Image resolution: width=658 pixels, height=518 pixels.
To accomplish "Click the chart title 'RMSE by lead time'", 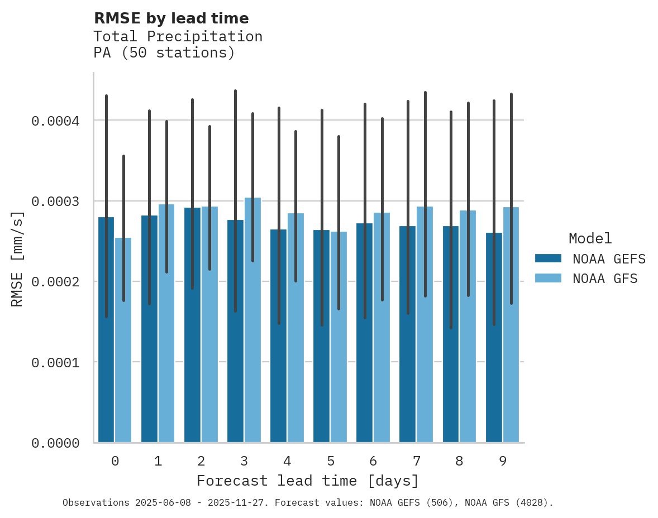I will (x=171, y=18).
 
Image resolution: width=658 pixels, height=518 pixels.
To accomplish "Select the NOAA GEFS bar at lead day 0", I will (x=106, y=335).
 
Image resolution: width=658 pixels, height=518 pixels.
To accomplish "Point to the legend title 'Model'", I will (x=590, y=238).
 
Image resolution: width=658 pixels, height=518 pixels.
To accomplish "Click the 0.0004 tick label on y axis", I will (x=55, y=121).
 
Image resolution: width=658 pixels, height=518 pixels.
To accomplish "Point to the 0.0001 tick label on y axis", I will (x=55, y=363).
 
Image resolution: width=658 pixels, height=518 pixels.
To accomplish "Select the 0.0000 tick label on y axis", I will (x=55, y=443).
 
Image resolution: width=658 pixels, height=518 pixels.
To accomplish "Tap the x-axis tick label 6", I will (x=373, y=461).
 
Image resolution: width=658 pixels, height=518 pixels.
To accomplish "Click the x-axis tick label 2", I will (x=201, y=461).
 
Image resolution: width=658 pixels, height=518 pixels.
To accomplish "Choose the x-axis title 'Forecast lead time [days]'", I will (x=308, y=481).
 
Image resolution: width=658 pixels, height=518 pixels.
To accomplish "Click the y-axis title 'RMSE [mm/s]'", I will (x=17, y=259).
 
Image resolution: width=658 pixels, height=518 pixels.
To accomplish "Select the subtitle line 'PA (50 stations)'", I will (x=164, y=53).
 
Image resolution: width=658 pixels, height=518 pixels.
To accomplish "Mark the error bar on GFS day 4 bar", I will (x=296, y=207).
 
